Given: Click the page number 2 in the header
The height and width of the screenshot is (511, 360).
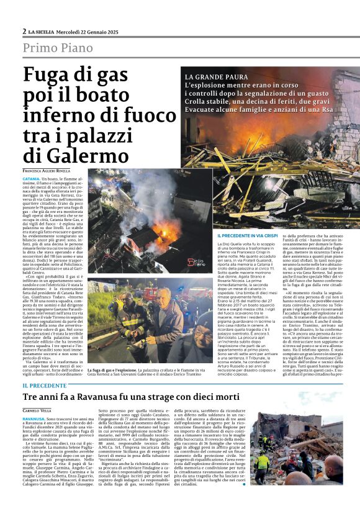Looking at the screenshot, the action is [x=24, y=31].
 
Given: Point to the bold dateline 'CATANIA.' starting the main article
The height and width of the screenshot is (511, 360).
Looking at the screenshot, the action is [x=33, y=178].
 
